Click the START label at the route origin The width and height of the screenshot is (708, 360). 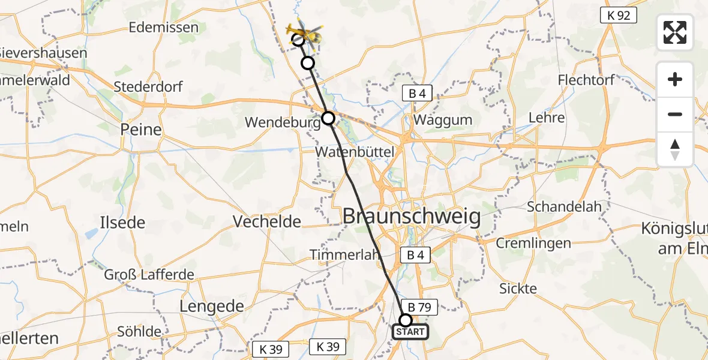[x=410, y=332]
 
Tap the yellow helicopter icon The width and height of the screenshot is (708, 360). [x=305, y=34]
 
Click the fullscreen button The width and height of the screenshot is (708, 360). [x=675, y=32]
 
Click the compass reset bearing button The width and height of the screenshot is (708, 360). [x=675, y=149]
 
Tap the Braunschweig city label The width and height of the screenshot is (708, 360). [x=412, y=217]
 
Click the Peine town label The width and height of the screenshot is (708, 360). [x=141, y=130]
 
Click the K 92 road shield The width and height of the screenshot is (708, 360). [x=619, y=15]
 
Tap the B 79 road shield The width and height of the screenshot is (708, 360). [x=420, y=306]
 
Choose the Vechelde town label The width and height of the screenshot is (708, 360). [x=266, y=221]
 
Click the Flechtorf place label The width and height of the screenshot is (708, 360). [x=585, y=80]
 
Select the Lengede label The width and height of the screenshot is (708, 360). [x=212, y=306]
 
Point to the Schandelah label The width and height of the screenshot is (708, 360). [x=564, y=207]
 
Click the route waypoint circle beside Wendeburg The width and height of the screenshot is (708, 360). [x=328, y=118]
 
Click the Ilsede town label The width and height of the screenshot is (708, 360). [x=123, y=223]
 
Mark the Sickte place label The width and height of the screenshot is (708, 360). [x=518, y=289]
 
